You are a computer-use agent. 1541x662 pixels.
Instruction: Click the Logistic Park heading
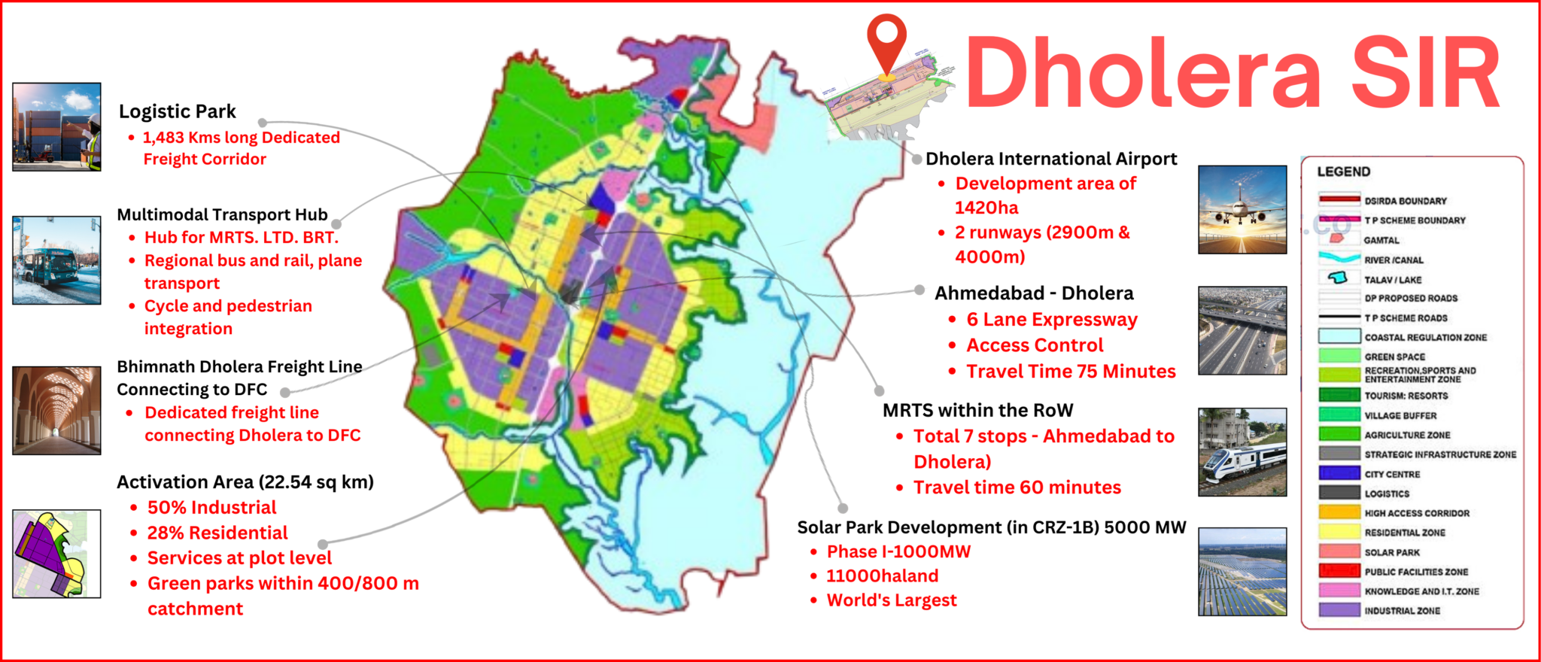[x=178, y=111]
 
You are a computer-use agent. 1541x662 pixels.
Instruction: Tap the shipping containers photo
[x=56, y=126]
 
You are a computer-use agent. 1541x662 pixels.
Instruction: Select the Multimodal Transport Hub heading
[x=223, y=215]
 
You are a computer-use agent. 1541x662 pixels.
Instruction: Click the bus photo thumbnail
[x=56, y=260]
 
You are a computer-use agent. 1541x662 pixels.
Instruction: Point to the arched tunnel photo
[x=56, y=410]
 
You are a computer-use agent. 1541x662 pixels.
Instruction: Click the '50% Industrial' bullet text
[x=212, y=508]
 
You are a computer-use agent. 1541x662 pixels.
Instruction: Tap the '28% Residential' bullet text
[x=217, y=533]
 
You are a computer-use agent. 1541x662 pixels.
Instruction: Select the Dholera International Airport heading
[x=1051, y=159]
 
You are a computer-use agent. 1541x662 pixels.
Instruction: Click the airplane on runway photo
[x=1242, y=210]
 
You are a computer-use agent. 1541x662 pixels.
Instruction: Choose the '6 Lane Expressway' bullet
[x=1052, y=320]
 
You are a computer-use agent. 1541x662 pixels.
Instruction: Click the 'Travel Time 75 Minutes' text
[x=1071, y=372]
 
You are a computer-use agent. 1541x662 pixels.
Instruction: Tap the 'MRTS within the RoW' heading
[x=978, y=411]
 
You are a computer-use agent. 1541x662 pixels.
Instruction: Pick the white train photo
[x=1242, y=452]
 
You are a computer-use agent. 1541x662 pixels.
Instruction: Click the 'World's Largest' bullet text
[x=892, y=600]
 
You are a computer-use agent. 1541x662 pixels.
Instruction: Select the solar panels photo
[x=1242, y=572]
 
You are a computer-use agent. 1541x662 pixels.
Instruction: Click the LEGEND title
[x=1344, y=172]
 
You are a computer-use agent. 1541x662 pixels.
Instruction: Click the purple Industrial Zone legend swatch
[x=1339, y=610]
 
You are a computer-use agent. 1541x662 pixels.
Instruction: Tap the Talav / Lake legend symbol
[x=1338, y=278]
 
